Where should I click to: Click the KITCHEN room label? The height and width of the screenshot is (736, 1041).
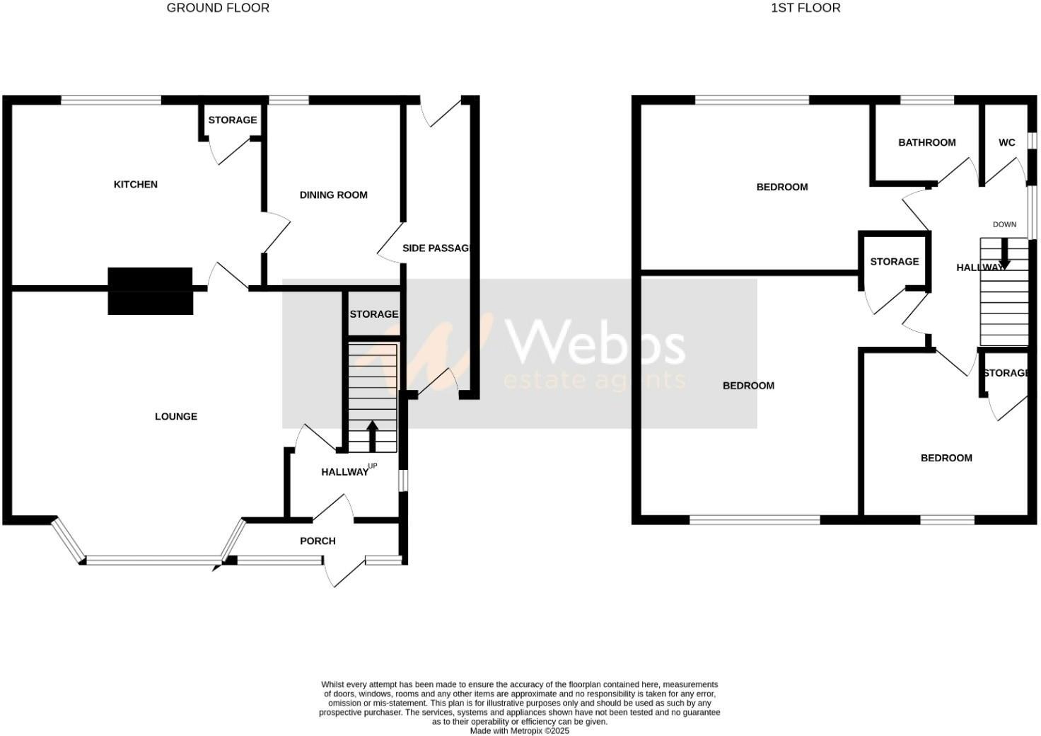coord(136,185)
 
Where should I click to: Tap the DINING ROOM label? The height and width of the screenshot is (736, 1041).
coord(333,195)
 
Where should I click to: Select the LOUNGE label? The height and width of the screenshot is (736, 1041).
coord(176,417)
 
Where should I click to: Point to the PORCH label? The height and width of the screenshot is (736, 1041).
coord(318,541)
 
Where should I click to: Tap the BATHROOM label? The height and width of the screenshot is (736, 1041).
coord(926,143)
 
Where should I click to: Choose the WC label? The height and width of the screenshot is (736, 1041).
coord(1006,143)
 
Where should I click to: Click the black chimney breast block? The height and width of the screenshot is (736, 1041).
coord(150,290)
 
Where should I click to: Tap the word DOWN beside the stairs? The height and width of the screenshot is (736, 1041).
coord(1004,224)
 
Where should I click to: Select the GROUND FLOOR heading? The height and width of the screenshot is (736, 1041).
coord(218,8)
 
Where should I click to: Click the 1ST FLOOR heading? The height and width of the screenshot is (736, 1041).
coord(806,8)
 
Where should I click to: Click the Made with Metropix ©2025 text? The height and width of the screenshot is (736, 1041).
coord(520,731)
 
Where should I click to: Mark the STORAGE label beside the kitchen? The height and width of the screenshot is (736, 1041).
coord(232,120)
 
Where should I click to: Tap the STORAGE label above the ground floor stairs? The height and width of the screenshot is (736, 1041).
coord(373,314)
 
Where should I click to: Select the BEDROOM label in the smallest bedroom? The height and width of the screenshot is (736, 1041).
coord(946,459)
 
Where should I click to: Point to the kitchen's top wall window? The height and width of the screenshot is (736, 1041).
coord(111,100)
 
